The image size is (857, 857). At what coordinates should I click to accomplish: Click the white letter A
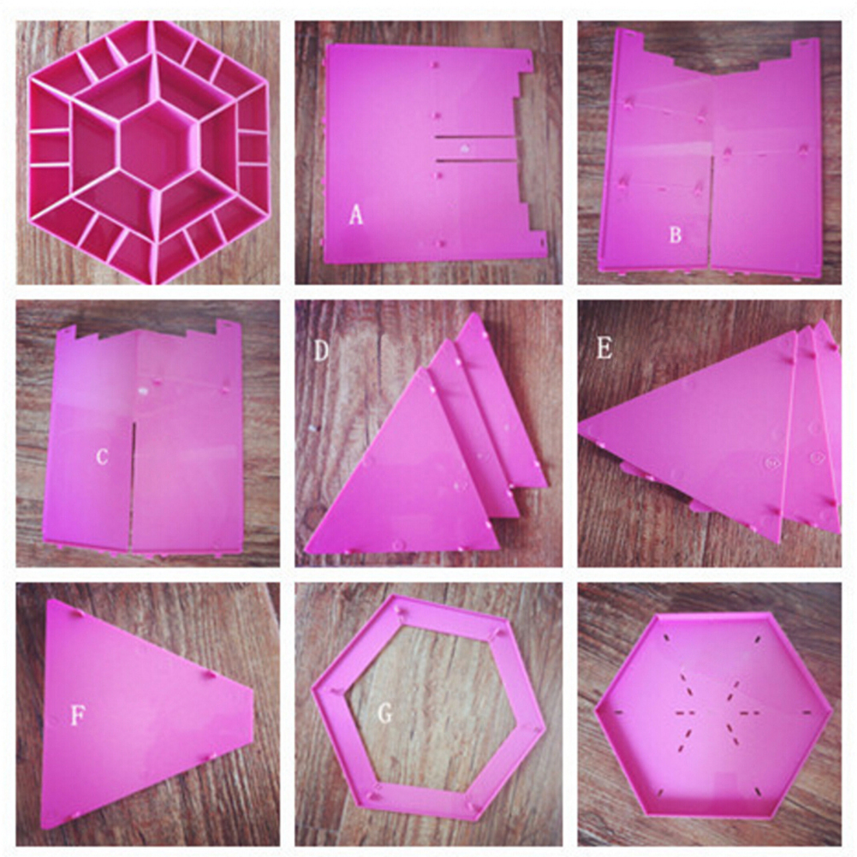click(356, 215)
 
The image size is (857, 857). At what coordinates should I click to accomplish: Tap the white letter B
click(676, 234)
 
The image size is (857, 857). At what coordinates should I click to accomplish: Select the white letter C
click(102, 457)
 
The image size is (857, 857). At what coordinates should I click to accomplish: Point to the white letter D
click(322, 351)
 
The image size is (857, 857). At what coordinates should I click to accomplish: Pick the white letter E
click(604, 347)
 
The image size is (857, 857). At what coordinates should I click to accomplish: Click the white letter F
click(78, 716)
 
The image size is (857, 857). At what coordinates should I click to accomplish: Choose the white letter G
click(385, 713)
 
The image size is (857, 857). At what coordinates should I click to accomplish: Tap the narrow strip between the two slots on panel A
click(476, 148)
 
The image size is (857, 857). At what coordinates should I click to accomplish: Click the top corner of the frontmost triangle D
click(421, 369)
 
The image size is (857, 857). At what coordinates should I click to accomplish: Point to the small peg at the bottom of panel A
click(440, 243)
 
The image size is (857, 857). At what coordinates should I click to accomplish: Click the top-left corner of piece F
click(50, 602)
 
